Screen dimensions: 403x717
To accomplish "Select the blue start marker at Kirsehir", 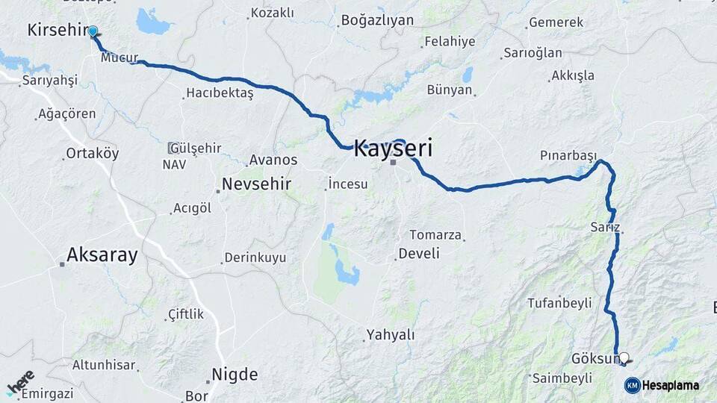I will [x=93, y=31].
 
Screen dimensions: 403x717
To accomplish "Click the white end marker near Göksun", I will [x=624, y=358].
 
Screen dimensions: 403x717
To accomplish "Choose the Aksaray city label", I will [x=102, y=255].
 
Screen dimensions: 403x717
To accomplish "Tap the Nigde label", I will [x=235, y=375].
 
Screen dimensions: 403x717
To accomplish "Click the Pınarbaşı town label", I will [x=568, y=155].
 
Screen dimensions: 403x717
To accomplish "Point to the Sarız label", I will [x=604, y=227].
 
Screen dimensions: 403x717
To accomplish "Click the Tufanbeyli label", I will [x=559, y=303].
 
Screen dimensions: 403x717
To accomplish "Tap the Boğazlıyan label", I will [x=376, y=20].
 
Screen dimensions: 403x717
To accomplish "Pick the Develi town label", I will [x=419, y=254].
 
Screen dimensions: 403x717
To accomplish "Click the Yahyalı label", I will [x=391, y=335].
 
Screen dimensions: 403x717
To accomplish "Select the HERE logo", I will [x=20, y=382].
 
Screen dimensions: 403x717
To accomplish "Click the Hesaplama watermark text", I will [x=670, y=385].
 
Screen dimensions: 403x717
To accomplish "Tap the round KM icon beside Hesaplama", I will [x=632, y=385].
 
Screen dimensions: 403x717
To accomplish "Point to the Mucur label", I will [x=119, y=57].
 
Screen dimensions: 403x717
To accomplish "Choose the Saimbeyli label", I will [x=561, y=378].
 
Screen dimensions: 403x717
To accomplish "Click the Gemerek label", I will [x=556, y=22].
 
